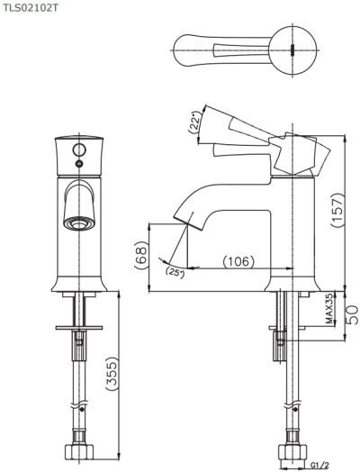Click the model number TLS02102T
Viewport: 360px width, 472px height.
click(30, 8)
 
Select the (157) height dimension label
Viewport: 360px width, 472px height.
click(337, 211)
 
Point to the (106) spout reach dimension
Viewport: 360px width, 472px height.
click(238, 261)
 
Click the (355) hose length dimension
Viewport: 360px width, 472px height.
click(112, 374)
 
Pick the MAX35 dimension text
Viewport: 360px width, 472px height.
click(330, 310)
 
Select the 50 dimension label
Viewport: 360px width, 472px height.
click(352, 315)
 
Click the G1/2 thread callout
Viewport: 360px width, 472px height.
click(319, 466)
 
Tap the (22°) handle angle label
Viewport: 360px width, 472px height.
click(194, 123)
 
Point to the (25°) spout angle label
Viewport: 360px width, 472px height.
click(175, 273)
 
